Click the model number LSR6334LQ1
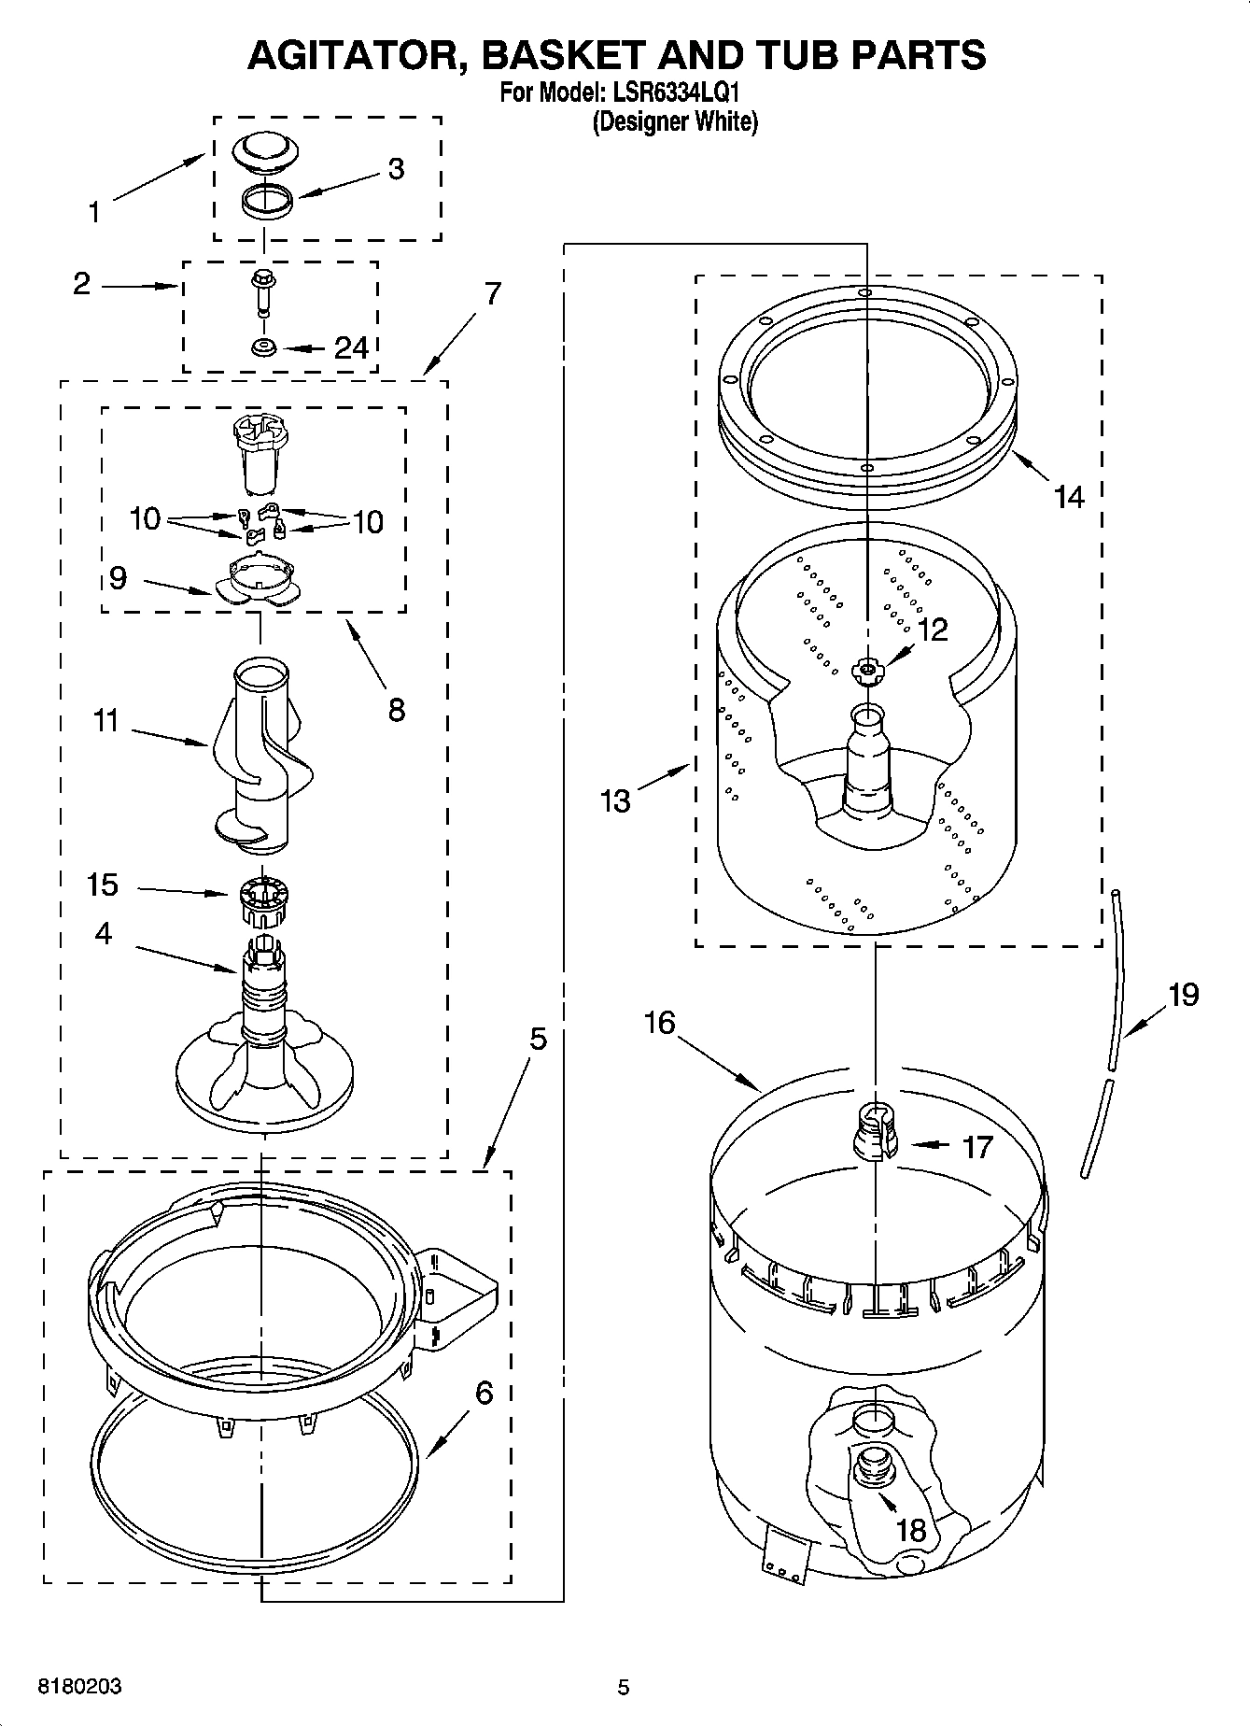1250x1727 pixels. pyautogui.click(x=667, y=93)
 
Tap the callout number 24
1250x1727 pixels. pyautogui.click(x=351, y=347)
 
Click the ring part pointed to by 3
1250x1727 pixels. pyautogui.click(x=266, y=201)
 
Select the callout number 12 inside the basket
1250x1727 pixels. pyautogui.click(x=932, y=630)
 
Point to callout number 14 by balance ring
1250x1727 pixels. pyautogui.click(x=1068, y=496)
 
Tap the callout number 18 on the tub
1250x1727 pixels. pyautogui.click(x=910, y=1529)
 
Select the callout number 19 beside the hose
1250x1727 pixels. pyautogui.click(x=1183, y=995)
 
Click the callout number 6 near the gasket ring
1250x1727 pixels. pyautogui.click(x=484, y=1393)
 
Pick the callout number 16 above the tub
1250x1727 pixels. pyautogui.click(x=659, y=1023)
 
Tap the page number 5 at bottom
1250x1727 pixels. pyautogui.click(x=624, y=1687)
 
